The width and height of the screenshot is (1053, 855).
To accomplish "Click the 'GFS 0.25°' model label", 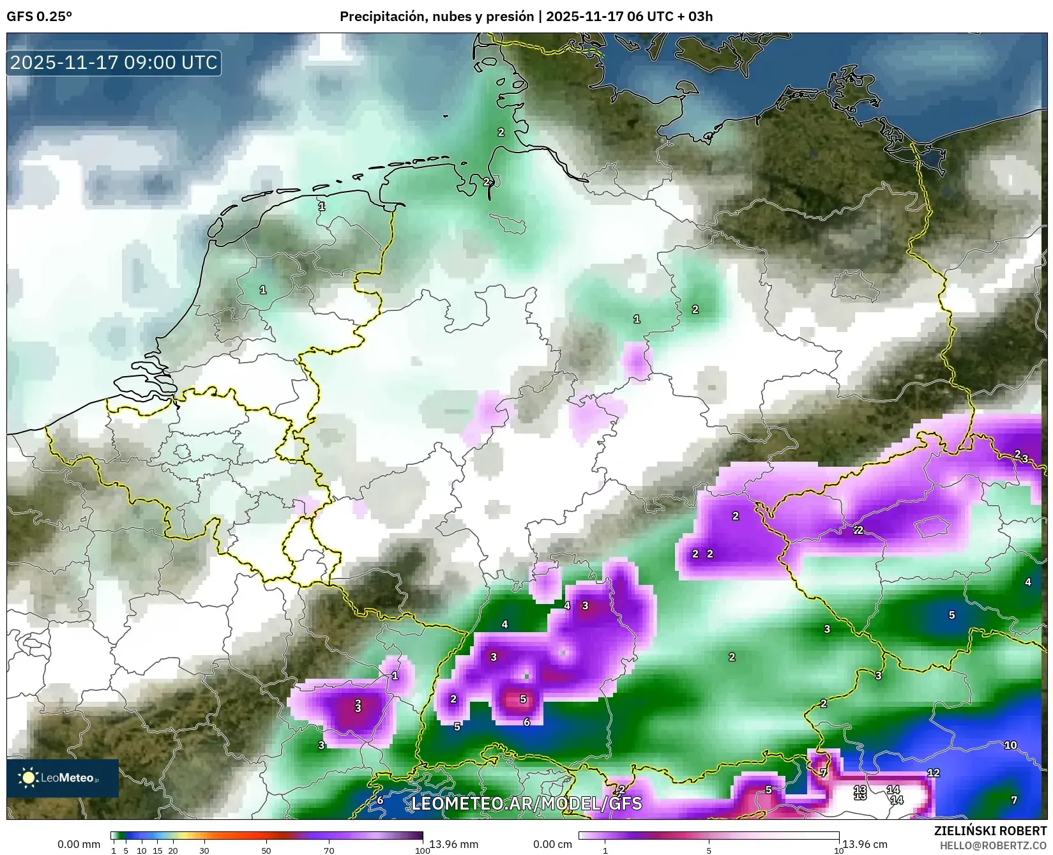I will pos(39,17).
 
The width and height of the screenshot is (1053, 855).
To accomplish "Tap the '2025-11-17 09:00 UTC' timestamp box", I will pos(114,63).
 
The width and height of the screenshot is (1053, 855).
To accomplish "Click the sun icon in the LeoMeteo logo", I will pos(29,777).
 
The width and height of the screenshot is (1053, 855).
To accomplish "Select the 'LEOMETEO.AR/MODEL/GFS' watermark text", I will pos(526,803).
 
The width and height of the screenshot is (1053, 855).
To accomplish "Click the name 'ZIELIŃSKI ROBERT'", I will pos(990,831).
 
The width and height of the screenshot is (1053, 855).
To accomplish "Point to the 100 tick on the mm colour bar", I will pos(422,850).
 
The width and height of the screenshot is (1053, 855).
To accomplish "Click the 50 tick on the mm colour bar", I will pos(266,850).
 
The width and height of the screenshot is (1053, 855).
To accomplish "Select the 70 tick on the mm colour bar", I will pos(329,850).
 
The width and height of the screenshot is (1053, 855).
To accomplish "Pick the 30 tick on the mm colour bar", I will pos(204,850).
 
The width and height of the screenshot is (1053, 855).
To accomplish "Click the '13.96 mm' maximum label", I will pos(453,844).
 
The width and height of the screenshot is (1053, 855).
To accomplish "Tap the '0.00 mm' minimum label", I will pos(79,844).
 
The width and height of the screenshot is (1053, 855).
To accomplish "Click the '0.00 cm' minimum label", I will pos(552,844).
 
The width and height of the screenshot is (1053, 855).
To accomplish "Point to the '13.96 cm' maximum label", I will pos(865,844).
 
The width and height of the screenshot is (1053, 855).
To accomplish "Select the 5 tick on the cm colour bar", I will pos(709,850).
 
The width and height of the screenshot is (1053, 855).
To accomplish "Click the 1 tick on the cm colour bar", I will pos(605,850).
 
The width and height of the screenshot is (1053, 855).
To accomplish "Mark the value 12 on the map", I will pos(933,773).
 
